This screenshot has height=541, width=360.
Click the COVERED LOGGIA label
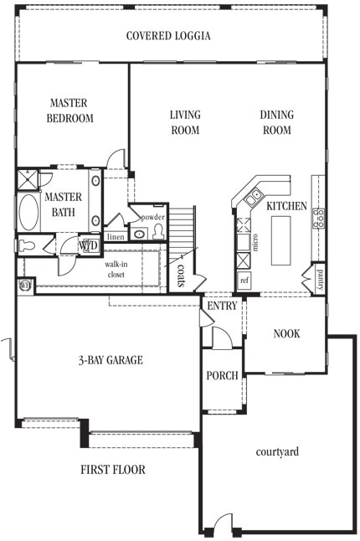point(168,36)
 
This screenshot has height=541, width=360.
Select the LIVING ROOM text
point(184,122)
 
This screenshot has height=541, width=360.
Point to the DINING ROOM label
point(275,122)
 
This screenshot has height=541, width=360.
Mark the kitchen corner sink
point(252,198)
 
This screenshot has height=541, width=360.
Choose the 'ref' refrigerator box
point(244,281)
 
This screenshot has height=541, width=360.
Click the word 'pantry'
point(318,281)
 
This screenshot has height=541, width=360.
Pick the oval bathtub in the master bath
point(28,213)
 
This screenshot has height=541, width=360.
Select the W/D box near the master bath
point(89,246)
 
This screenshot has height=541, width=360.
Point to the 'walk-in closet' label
point(116,270)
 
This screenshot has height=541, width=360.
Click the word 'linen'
point(115,237)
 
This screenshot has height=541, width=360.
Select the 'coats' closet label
point(182,273)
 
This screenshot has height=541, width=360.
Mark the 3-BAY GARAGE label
point(111,361)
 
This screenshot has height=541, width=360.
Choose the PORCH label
point(222,376)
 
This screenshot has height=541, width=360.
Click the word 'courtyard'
point(277,452)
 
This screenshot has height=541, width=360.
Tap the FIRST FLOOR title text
point(113,470)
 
